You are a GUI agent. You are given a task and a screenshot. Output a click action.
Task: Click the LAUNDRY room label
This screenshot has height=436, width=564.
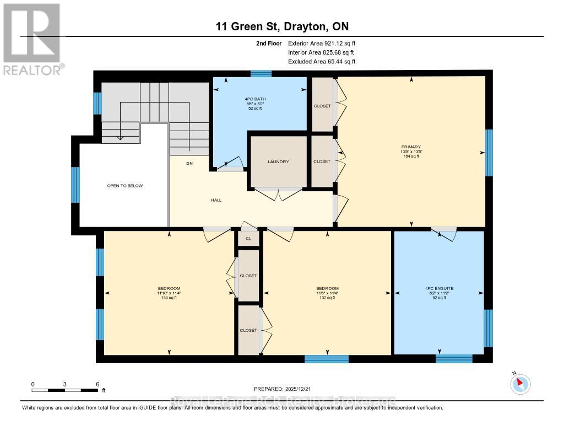pos(279,162)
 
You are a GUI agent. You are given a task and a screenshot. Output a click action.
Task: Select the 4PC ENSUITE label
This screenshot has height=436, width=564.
pos(438,288)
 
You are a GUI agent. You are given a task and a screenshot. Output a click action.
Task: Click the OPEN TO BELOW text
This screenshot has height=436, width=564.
pos(124,186)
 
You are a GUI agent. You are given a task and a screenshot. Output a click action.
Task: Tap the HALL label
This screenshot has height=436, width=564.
pos(216,200)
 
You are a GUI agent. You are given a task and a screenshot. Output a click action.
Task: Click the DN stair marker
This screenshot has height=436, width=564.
pos(189,163)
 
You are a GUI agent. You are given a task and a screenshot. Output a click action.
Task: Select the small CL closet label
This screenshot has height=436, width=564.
pos(248,239)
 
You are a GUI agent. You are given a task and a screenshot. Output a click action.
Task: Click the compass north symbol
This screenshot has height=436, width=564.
pos(520,384)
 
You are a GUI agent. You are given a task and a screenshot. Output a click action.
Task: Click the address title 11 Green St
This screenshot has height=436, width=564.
pos(281,26)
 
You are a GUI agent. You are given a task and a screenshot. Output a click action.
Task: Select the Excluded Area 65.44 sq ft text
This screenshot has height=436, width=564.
pos(322,62)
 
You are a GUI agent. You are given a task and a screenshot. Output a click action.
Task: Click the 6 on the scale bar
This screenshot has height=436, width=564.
pos(97,384)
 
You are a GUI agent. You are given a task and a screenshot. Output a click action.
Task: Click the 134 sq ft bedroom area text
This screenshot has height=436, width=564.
pos(169,298)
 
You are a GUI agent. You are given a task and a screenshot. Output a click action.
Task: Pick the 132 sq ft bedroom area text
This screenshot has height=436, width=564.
pos(327,298)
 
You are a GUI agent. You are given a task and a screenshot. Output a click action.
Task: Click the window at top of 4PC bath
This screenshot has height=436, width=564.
pos(261,73)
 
